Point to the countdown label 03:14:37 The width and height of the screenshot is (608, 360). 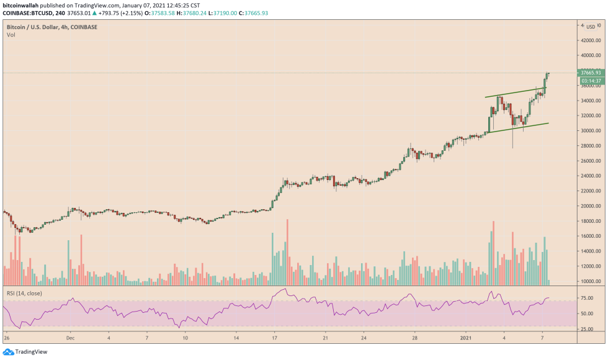click(589, 81)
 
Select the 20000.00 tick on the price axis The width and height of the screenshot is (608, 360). click(589, 206)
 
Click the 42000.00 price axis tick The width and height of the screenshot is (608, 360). click(589, 40)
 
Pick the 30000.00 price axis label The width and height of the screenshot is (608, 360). click(589, 131)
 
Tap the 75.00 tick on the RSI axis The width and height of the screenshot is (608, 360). click(587, 298)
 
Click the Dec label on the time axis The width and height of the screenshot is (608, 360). click(70, 339)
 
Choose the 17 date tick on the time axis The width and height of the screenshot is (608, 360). click(274, 339)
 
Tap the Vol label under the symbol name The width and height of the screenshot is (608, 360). click(11, 35)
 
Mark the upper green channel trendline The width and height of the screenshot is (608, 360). click(515, 93)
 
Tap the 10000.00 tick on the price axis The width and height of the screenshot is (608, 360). click(589, 281)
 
